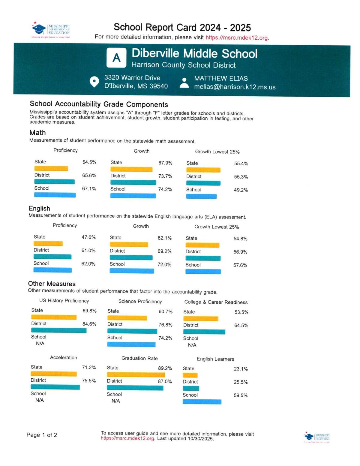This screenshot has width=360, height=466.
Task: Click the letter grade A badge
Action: (x=116, y=58)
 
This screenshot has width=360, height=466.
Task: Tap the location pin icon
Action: (x=94, y=82)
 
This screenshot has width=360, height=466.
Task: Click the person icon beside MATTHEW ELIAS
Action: (x=184, y=83)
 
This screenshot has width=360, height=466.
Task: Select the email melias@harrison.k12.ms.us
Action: (x=235, y=87)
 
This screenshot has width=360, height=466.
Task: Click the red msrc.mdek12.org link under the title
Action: (x=237, y=38)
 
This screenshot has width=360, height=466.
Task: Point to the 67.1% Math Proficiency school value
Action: (x=89, y=189)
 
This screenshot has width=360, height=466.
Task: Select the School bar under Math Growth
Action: (x=133, y=196)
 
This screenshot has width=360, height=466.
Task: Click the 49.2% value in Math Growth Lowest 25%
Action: (x=241, y=190)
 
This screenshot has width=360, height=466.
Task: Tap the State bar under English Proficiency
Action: (x=48, y=244)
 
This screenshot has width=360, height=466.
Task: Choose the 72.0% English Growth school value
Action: (x=164, y=265)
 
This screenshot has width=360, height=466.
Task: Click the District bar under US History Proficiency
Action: (x=59, y=330)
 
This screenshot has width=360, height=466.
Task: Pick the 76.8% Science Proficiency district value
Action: (x=165, y=325)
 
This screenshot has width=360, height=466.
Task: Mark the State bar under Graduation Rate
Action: (x=136, y=375)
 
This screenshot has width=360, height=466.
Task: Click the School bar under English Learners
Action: (x=202, y=402)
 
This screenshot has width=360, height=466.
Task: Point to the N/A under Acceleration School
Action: (x=40, y=400)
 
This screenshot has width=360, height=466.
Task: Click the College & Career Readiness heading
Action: (x=216, y=302)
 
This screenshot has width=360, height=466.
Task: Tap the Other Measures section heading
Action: (x=52, y=284)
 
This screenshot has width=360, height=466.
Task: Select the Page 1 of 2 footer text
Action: (x=42, y=435)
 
